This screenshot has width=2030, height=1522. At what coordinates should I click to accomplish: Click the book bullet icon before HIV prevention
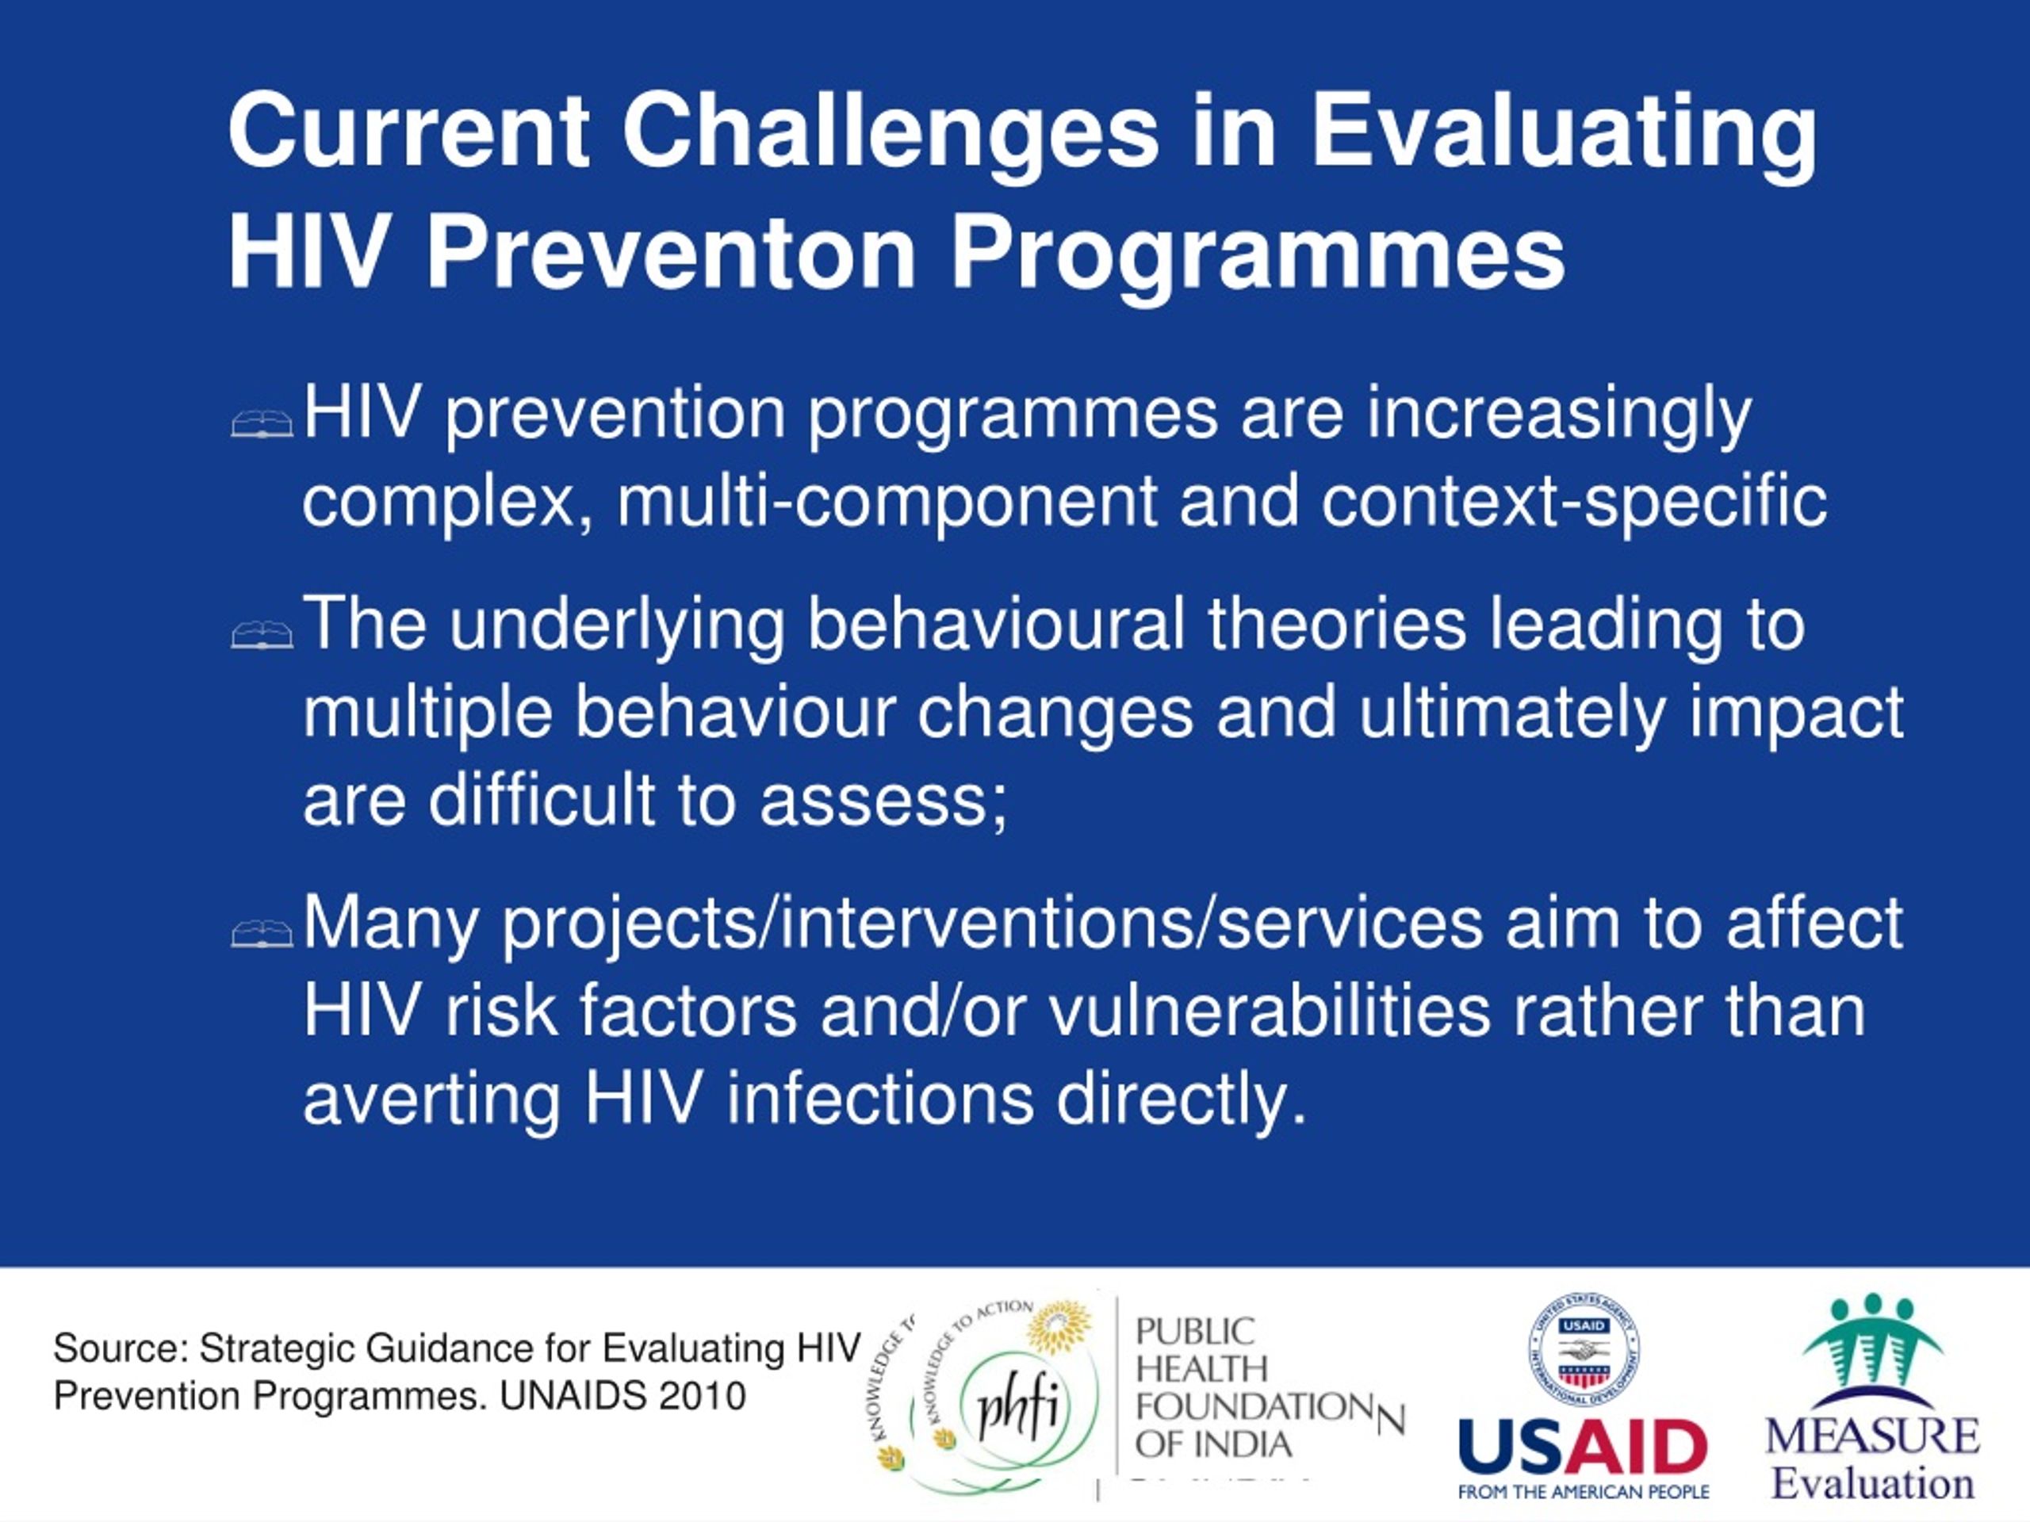(262, 423)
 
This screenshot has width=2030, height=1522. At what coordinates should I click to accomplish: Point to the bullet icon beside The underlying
(262, 634)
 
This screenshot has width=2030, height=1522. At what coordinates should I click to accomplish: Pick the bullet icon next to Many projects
(262, 932)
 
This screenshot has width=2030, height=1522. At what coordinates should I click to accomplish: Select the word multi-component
(887, 503)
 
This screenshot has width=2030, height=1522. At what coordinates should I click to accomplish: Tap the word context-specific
(1573, 503)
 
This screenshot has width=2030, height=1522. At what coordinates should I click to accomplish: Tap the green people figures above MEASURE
(1872, 1342)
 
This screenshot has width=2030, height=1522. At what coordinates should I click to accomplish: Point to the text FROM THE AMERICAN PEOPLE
(1583, 1493)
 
